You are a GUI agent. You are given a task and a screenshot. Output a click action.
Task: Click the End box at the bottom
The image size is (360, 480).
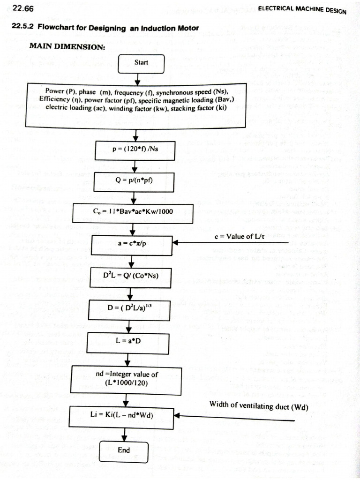click(x=124, y=450)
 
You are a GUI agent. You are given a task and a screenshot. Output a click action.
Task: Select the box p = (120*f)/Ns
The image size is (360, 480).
click(x=135, y=150)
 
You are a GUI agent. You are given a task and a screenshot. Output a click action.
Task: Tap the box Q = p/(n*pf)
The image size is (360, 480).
click(x=135, y=181)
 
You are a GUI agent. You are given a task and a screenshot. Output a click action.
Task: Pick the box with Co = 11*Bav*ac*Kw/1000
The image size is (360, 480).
click(x=133, y=212)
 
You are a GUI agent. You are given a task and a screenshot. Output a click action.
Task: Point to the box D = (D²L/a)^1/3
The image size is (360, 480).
click(x=130, y=309)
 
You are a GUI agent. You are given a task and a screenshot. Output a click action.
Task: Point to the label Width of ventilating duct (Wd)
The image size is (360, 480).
click(x=259, y=406)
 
